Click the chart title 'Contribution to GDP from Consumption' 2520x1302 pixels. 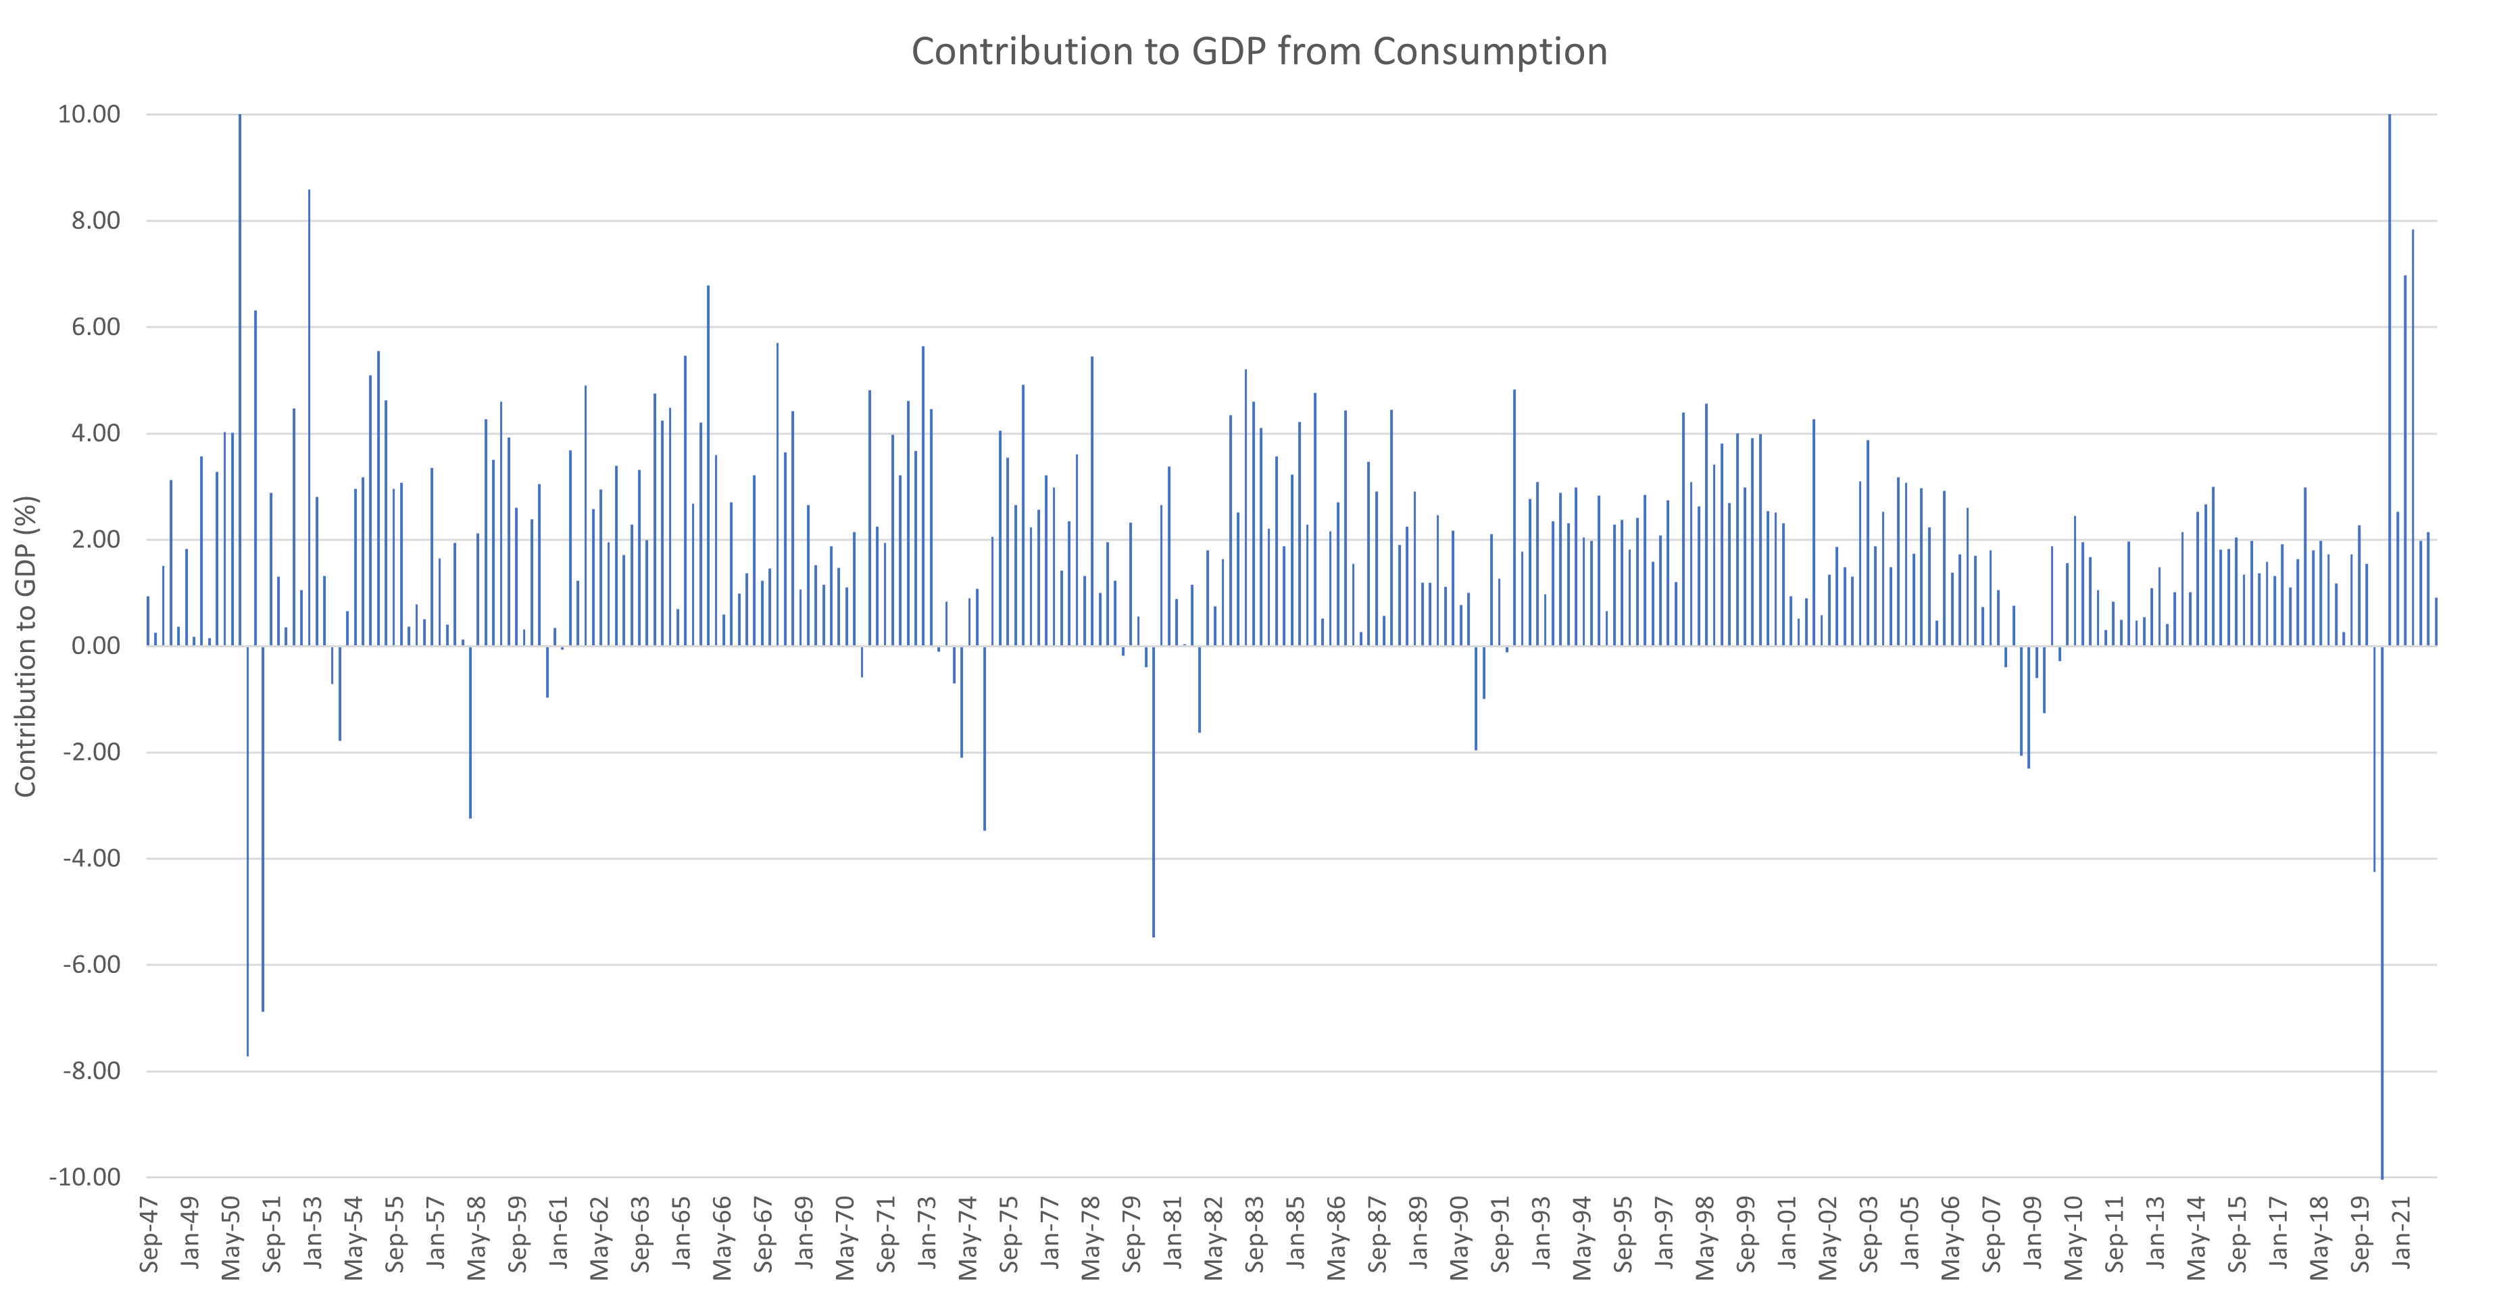(x=1259, y=52)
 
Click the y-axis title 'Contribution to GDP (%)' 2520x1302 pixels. (x=26, y=646)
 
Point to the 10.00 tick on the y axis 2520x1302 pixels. (x=89, y=114)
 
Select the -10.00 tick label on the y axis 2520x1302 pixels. (x=85, y=1177)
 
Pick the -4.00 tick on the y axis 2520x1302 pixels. (x=92, y=858)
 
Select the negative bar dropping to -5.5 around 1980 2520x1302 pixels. (x=1154, y=793)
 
